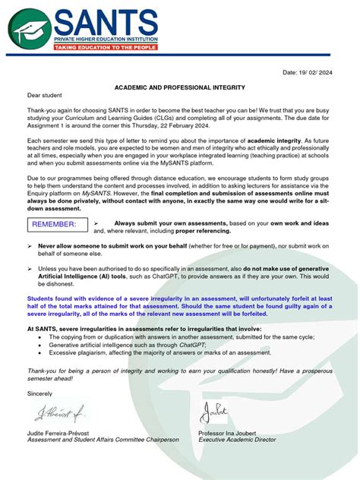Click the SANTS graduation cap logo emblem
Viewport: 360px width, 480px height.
click(x=31, y=29)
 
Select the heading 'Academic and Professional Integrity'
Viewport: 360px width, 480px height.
click(x=179, y=88)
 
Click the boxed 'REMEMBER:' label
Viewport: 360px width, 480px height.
click(x=55, y=224)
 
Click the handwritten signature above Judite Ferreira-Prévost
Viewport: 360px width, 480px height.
click(x=60, y=413)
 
